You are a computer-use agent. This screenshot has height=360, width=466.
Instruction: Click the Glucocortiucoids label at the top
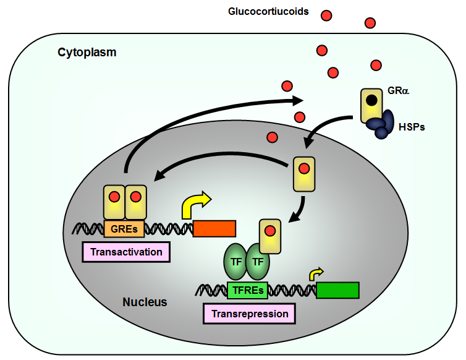click(268, 12)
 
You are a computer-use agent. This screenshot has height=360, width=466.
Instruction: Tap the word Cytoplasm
click(87, 52)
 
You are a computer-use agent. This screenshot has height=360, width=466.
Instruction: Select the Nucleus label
click(145, 302)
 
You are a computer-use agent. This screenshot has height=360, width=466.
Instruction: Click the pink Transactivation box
click(126, 252)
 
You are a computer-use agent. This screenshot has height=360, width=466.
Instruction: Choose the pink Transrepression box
click(249, 314)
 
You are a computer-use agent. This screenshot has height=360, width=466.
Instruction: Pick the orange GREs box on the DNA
click(124, 228)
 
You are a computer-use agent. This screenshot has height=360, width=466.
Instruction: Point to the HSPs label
click(412, 127)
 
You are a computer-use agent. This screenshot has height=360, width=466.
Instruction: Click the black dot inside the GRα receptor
click(371, 100)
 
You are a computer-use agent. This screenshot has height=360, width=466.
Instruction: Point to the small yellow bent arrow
click(315, 273)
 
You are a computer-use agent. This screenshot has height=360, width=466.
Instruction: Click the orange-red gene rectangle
click(214, 228)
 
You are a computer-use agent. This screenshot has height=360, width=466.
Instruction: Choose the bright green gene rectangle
click(337, 290)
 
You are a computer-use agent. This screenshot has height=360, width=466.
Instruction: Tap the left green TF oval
click(235, 262)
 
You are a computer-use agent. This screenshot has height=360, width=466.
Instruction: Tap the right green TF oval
click(258, 262)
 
